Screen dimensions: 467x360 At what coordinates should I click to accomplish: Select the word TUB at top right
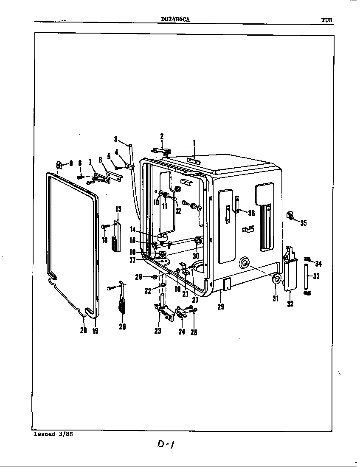pos(326,20)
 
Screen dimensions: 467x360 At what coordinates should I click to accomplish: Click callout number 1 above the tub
pos(194,143)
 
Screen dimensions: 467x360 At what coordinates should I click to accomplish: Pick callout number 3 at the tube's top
pos(115,139)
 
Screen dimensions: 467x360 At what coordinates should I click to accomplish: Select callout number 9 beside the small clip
pos(70,163)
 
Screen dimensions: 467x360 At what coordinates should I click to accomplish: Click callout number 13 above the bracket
pos(118,208)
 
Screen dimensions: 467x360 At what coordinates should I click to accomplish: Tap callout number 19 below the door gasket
pos(95,331)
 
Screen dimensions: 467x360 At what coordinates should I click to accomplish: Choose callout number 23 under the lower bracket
pos(157,331)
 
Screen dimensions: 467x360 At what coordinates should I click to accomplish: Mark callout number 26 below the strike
pos(122,327)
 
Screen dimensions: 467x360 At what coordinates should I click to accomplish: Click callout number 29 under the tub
pos(221,307)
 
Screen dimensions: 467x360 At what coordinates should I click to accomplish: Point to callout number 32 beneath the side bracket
pos(290,304)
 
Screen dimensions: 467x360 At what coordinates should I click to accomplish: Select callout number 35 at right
pos(304,223)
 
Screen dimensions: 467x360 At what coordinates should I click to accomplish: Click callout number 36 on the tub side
pos(251,213)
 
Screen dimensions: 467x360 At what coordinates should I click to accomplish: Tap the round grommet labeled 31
pos(276,279)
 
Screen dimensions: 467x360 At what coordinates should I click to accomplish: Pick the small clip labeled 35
pos(290,216)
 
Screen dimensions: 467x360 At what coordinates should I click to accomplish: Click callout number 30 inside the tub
pos(196,256)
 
